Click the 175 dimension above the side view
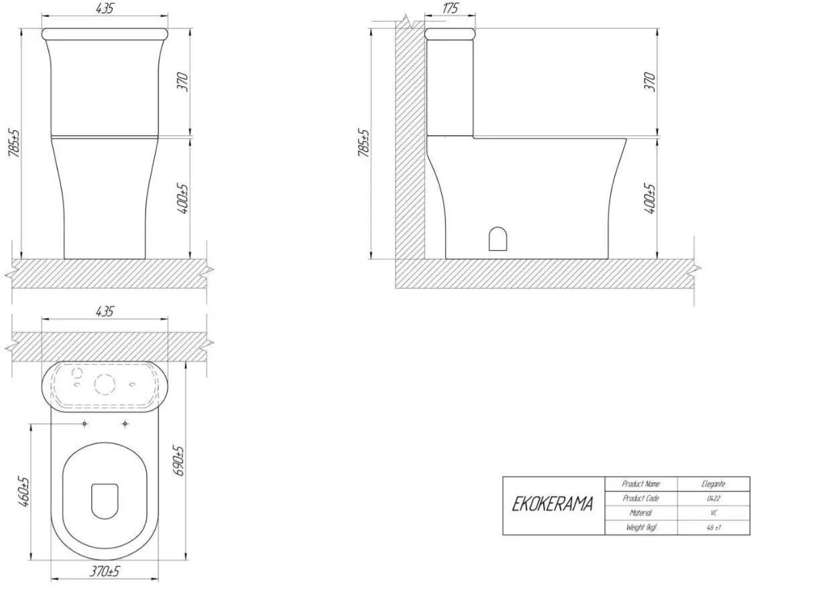coord(450,8)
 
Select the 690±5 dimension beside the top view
coord(180,461)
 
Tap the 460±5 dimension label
coord(23,491)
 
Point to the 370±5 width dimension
coord(105,571)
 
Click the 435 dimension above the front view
coord(105,9)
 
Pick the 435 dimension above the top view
coord(105,312)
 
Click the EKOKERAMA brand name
coord(552,504)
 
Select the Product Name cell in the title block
coord(640,484)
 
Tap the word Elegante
coord(713,484)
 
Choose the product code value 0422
coord(713,499)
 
